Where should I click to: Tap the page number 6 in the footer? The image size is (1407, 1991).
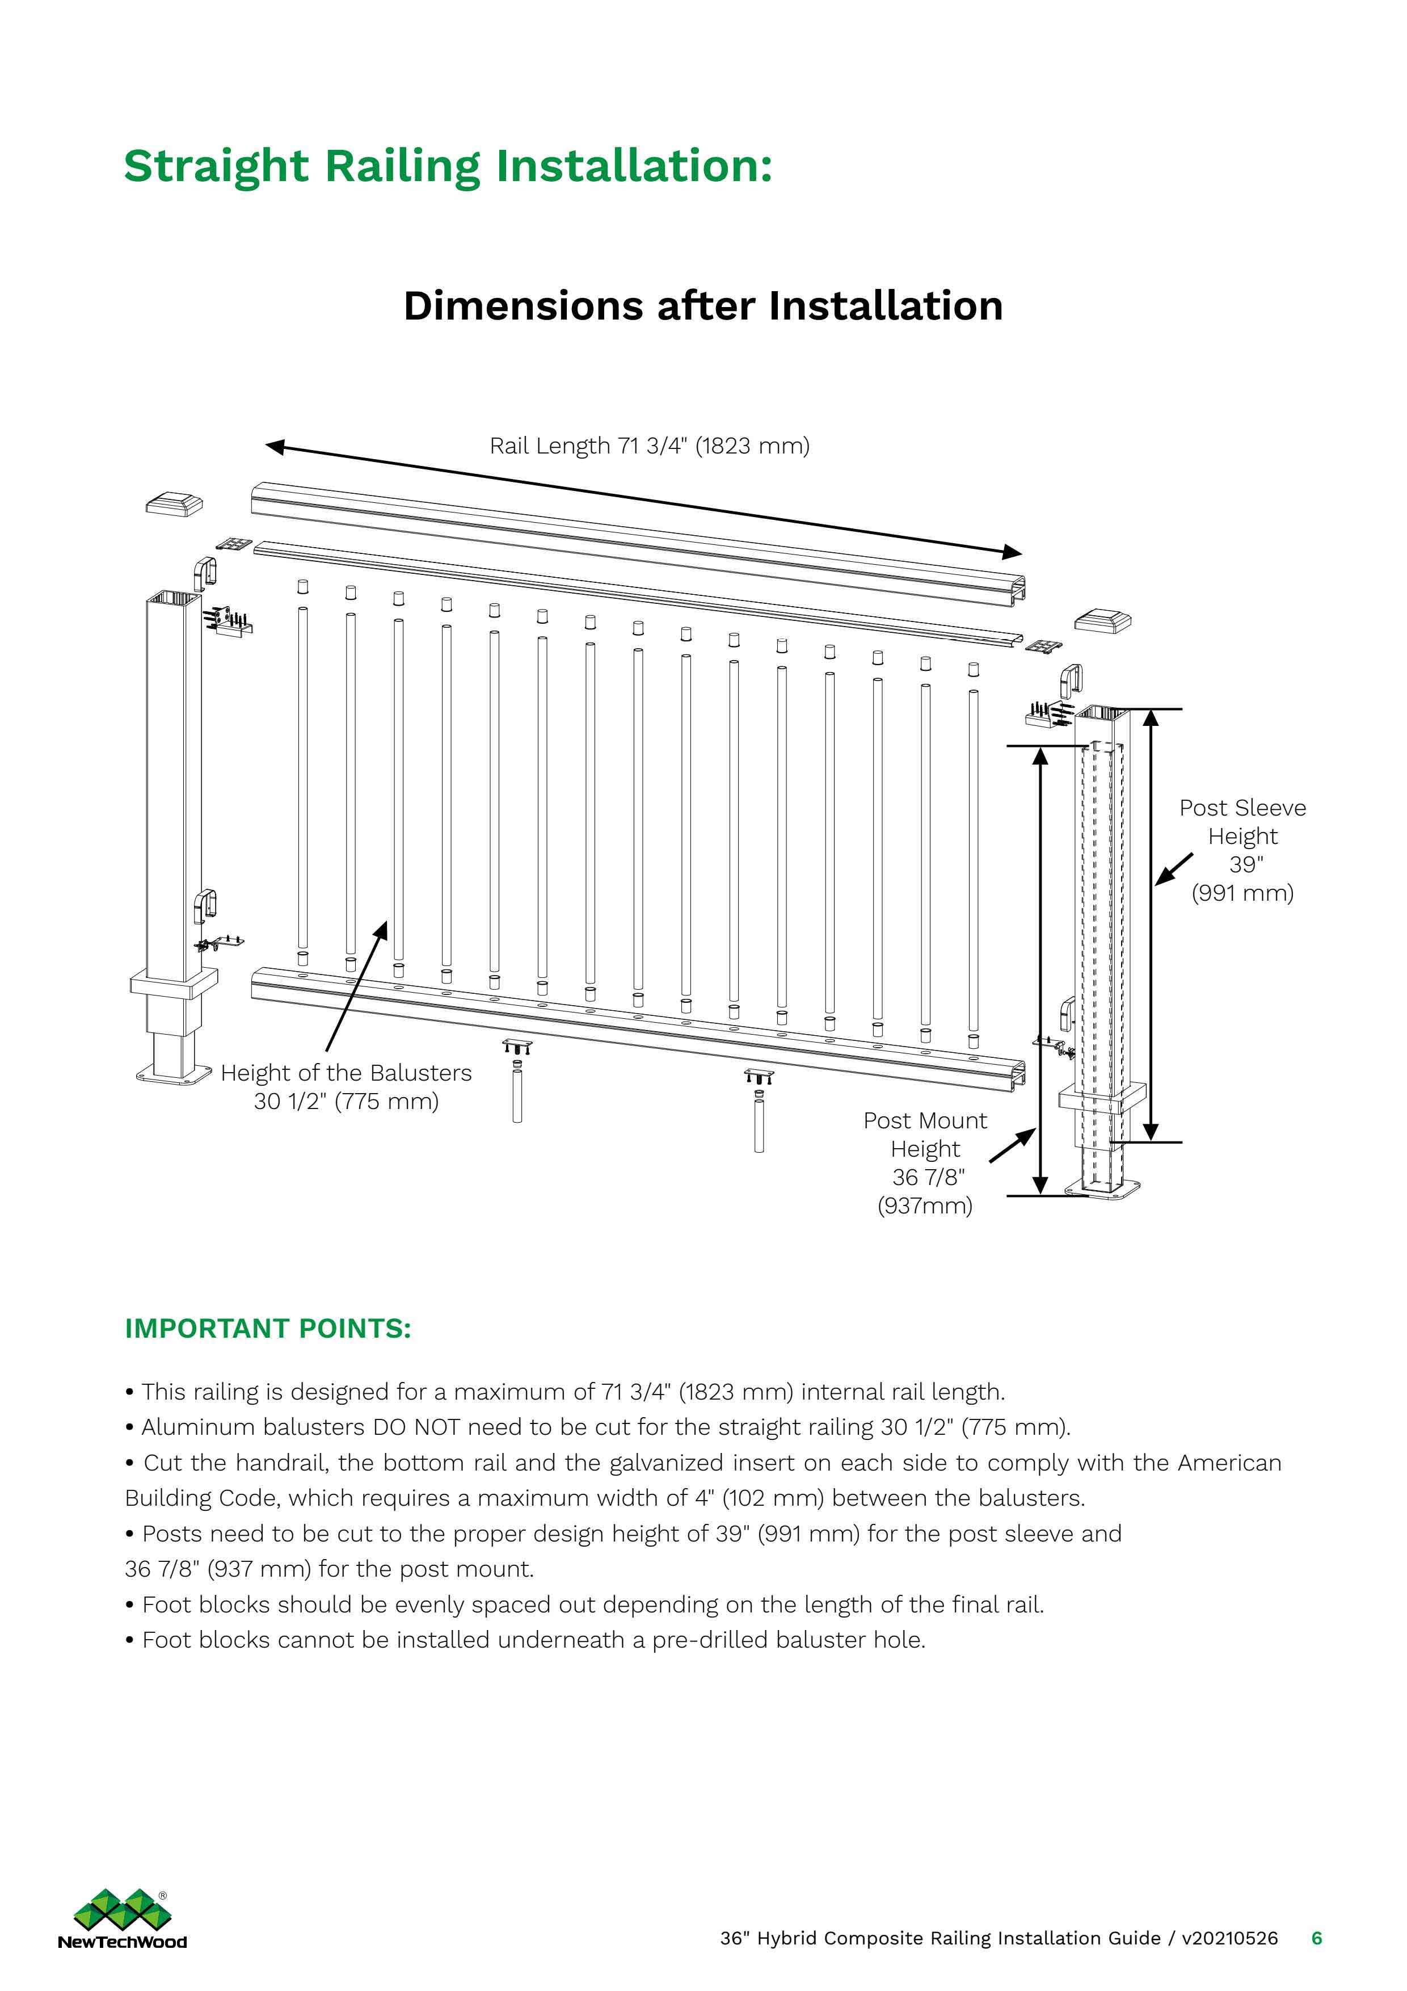[x=1316, y=1938]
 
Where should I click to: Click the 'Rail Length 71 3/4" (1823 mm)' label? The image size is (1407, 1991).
[x=648, y=446]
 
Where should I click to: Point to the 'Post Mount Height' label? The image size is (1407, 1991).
[x=924, y=1134]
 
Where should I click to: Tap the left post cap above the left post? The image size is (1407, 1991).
[x=174, y=504]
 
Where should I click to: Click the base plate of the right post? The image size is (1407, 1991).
[x=1103, y=1187]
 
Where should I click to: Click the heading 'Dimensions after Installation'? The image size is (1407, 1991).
[x=702, y=306]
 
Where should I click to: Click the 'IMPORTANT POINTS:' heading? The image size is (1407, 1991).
[x=268, y=1329]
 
